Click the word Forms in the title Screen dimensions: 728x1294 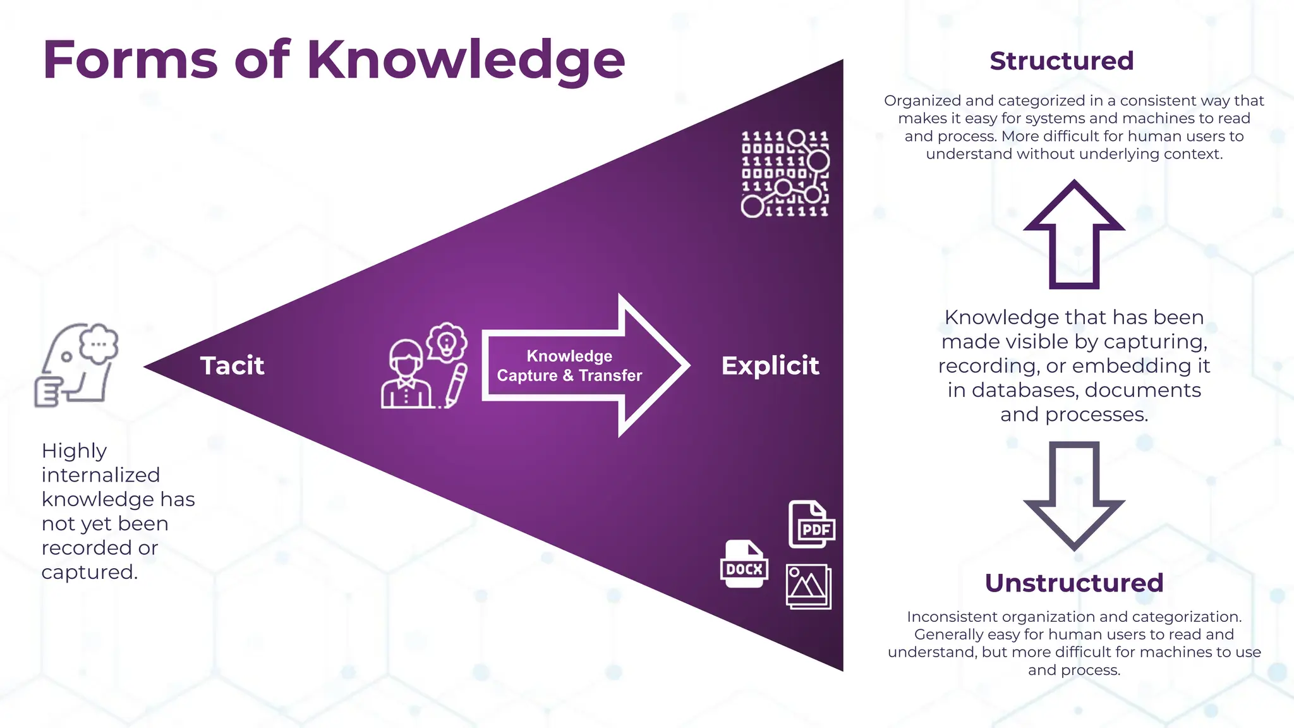130,60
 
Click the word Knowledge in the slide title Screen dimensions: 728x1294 466,61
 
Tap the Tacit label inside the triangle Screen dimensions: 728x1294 232,366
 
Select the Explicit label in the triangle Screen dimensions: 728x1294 770,366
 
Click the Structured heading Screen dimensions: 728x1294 1061,61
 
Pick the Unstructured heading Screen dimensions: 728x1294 1073,583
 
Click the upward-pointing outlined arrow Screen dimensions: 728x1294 1074,234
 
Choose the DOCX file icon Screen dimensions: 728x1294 744,564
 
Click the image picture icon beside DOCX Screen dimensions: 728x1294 808,586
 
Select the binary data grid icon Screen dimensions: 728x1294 785,173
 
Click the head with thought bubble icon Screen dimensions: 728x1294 77,365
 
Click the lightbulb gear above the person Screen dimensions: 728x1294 447,343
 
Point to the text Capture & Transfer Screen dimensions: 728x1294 569,375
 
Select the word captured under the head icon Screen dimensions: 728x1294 89,572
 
